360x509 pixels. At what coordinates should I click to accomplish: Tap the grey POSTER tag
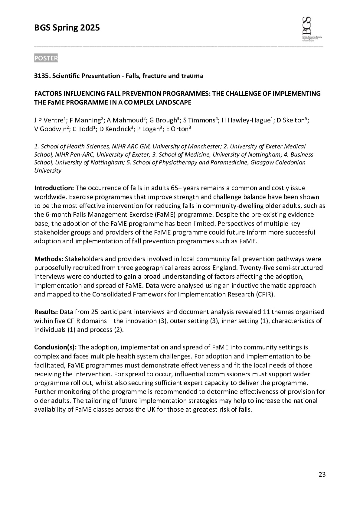coord(46,58)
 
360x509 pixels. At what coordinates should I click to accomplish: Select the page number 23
coord(322,474)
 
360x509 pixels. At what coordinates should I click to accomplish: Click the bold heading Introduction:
coord(54,188)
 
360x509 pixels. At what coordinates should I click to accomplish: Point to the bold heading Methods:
coord(48,259)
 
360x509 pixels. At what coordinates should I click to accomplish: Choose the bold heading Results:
coord(46,312)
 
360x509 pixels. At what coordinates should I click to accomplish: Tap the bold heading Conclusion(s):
coord(55,347)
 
